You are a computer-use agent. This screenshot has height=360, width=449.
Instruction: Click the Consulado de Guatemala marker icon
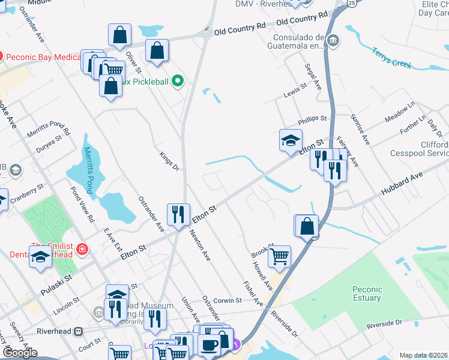[334, 41]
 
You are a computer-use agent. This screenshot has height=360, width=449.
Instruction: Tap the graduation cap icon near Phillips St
[291, 140]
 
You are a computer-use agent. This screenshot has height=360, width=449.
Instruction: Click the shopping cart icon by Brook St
[279, 256]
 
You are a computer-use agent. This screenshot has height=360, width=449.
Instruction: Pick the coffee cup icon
[209, 346]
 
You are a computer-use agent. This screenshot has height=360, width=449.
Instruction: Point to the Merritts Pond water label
[89, 170]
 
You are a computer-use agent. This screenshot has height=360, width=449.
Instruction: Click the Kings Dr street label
[169, 161]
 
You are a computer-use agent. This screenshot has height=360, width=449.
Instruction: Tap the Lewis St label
[295, 91]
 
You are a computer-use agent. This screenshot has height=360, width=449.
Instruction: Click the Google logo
[20, 353]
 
